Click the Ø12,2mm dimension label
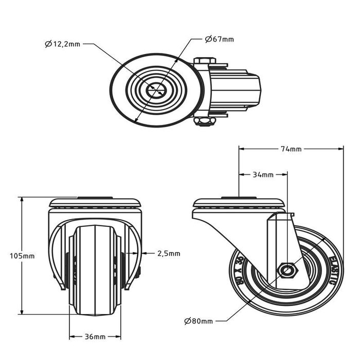pyautogui.click(x=62, y=44)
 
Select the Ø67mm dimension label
pyautogui.click(x=219, y=39)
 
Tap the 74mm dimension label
pyautogui.click(x=291, y=149)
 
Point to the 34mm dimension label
pyautogui.click(x=263, y=175)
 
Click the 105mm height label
pyautogui.click(x=22, y=256)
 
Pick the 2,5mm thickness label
pyautogui.click(x=169, y=253)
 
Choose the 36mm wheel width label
pyautogui.click(x=95, y=337)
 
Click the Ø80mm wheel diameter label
pyautogui.click(x=198, y=321)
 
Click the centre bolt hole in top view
pyautogui.click(x=155, y=91)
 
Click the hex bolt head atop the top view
pyautogui.click(x=205, y=61)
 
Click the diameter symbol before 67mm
pyautogui.click(x=208, y=39)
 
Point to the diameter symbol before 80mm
pyautogui.click(x=187, y=321)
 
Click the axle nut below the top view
pyautogui.click(x=205, y=121)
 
